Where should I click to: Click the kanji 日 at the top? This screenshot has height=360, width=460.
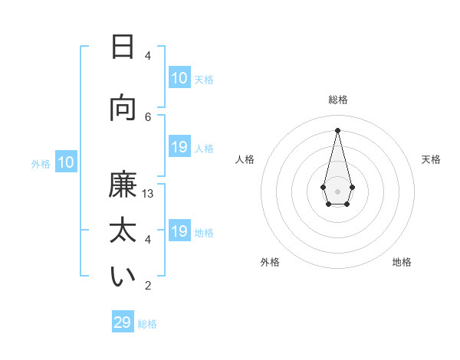coord(123,47)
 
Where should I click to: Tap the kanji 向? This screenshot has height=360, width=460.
coord(123,108)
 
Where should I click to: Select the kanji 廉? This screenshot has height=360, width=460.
coord(123,186)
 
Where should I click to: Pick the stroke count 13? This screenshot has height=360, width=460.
coord(148,194)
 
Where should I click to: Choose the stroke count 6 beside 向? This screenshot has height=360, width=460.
coord(148,116)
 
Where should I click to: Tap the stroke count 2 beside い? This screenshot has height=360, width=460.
coord(148,286)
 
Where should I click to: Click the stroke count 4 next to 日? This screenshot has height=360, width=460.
coord(148,55)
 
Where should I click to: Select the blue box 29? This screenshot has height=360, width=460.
coord(123,322)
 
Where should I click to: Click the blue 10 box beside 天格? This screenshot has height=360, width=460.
coord(179,78)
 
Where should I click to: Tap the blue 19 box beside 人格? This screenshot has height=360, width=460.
coord(179,148)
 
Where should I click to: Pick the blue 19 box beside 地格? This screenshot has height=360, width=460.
coord(179,232)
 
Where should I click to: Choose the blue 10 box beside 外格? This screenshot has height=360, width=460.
coord(66,162)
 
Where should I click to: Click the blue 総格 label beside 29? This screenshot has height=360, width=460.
coord(147,324)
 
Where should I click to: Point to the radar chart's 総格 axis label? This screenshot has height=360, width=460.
coord(337,100)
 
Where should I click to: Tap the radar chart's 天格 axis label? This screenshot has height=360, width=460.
coord(431,159)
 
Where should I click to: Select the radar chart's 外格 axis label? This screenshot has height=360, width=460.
coord(270,262)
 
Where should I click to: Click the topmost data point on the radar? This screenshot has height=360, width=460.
coord(337,129)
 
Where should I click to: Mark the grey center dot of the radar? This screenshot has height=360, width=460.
coord(337,191)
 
